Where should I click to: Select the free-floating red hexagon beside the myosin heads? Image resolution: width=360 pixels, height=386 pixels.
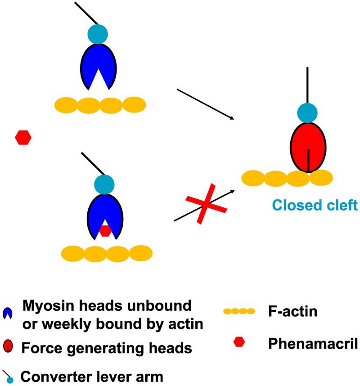(x=23, y=137)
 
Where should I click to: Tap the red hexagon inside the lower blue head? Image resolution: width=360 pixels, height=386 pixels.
(x=105, y=230)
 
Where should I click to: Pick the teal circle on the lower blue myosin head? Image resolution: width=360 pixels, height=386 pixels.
(x=104, y=184)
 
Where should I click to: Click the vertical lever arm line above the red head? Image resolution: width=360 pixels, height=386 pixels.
(x=308, y=85)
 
